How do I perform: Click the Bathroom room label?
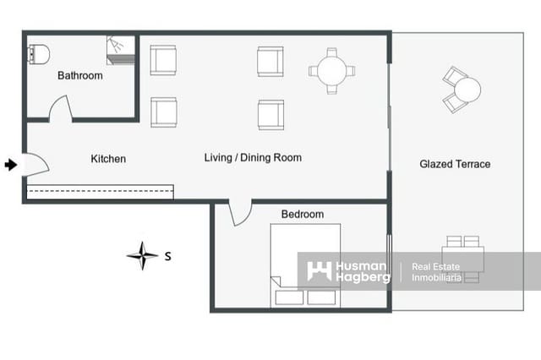tap(80, 76)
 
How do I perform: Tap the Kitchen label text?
tap(108, 159)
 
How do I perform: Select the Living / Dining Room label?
tap(253, 158)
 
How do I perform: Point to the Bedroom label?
tap(302, 215)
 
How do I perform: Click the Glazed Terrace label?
tap(455, 164)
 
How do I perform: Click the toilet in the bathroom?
tap(39, 53)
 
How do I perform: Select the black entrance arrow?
tap(10, 165)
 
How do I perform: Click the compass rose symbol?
tap(142, 254)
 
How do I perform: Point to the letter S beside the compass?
tap(168, 255)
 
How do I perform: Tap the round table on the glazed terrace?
tap(467, 89)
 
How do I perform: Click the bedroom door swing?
tap(240, 213)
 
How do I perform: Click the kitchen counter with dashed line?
tap(100, 191)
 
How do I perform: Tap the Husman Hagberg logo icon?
tap(319, 271)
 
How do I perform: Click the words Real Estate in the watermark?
tap(435, 267)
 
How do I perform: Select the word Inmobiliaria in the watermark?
tap(436, 278)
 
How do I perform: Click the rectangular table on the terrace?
tap(463, 259)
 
